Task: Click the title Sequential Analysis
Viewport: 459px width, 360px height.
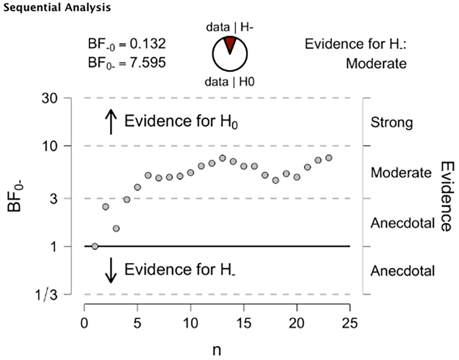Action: click(x=57, y=8)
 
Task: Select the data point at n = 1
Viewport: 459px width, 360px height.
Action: click(x=95, y=246)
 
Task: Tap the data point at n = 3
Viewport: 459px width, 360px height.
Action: click(x=116, y=228)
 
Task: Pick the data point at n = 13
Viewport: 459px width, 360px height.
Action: click(x=222, y=158)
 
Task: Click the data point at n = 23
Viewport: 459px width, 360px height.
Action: click(x=329, y=158)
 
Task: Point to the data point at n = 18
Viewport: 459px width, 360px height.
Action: click(x=275, y=180)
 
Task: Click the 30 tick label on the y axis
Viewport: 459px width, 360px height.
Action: click(x=49, y=99)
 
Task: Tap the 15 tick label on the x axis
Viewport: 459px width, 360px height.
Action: click(x=244, y=323)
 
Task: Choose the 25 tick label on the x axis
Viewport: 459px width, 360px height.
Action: click(x=350, y=323)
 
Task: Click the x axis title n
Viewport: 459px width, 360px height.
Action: click(x=217, y=350)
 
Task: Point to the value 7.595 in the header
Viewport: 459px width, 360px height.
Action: click(x=148, y=62)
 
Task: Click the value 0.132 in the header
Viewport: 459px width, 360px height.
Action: click(x=148, y=44)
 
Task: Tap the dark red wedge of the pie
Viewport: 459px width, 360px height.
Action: click(x=230, y=43)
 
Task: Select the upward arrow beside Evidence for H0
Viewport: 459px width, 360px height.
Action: click(x=111, y=121)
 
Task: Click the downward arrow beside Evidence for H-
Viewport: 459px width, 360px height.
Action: click(x=111, y=270)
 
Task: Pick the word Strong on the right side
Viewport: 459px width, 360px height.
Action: click(x=392, y=123)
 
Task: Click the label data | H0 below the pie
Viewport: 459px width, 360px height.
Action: click(x=230, y=82)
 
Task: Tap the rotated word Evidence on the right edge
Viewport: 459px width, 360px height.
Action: click(x=447, y=197)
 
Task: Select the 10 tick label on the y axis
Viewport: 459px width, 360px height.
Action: click(x=50, y=146)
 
